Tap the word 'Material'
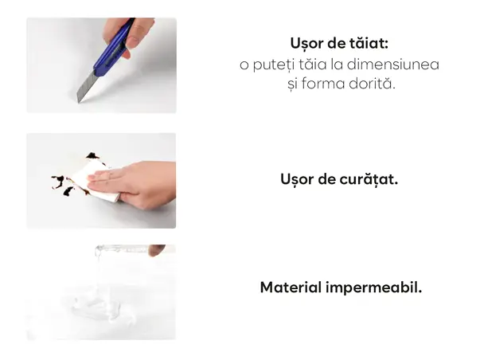[x=291, y=288]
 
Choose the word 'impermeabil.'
[x=373, y=288]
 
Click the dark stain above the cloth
[x=92, y=156]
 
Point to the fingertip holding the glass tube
[x=156, y=250]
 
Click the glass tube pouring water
[x=123, y=248]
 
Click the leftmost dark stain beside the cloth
[x=58, y=182]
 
